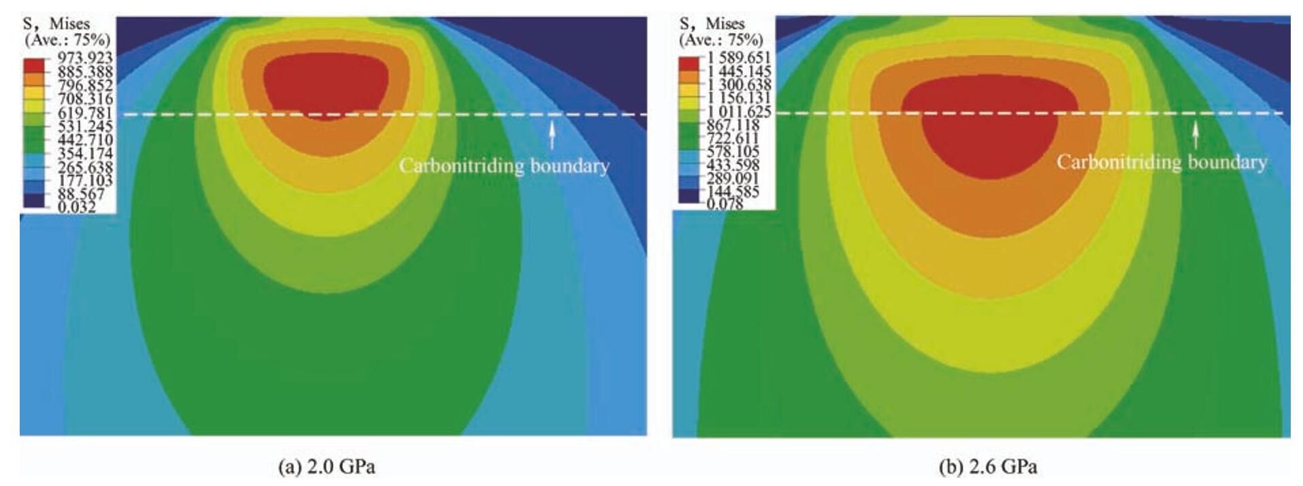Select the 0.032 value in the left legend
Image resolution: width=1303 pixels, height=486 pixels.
[x=78, y=207]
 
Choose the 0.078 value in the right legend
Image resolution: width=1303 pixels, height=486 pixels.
[x=724, y=204]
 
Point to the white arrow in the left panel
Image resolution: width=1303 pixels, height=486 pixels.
[x=552, y=134]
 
